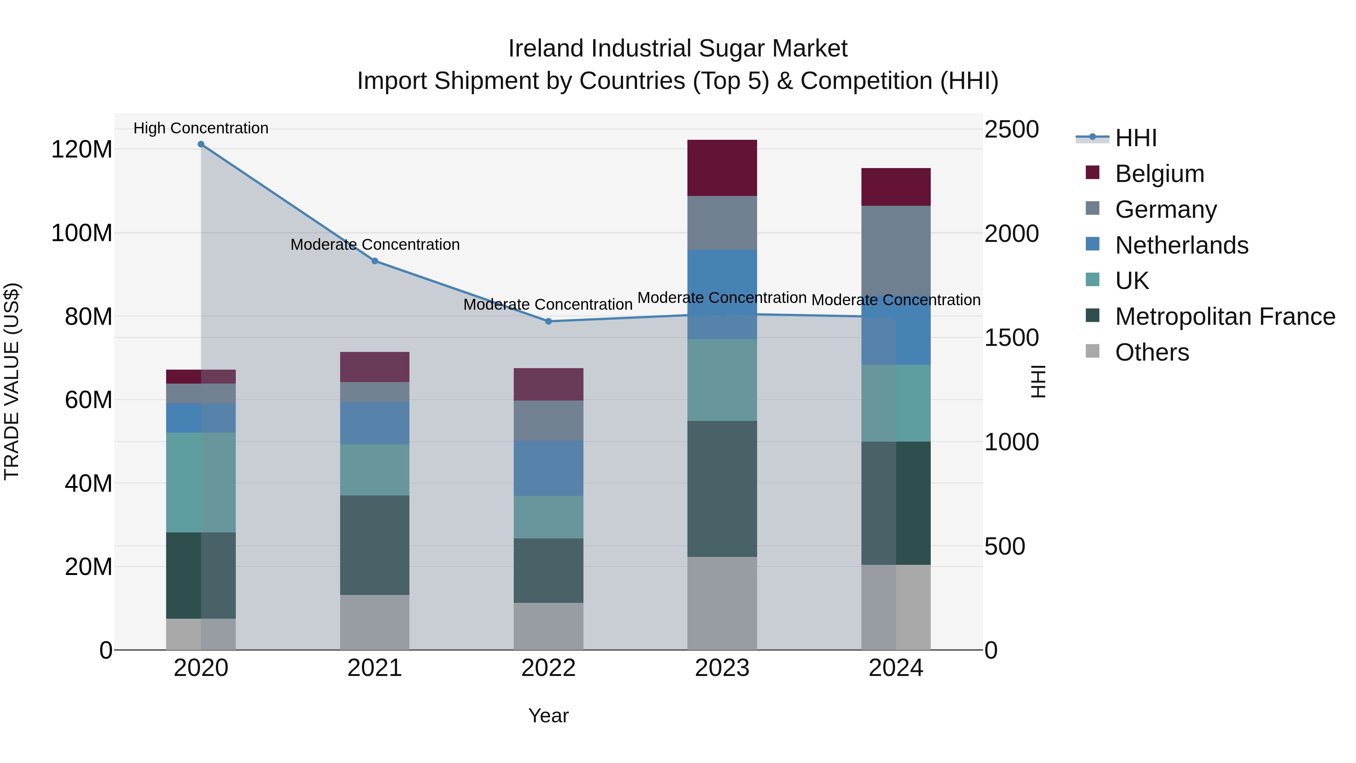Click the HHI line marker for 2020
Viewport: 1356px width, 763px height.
point(201,144)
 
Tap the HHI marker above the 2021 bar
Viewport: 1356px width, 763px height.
point(375,261)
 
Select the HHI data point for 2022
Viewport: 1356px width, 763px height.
point(548,321)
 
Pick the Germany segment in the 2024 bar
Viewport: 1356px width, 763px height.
point(896,248)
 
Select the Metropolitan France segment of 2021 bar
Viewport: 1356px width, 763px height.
point(375,545)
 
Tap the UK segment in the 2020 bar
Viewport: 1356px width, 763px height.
point(201,482)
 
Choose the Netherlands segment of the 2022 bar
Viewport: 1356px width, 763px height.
point(548,468)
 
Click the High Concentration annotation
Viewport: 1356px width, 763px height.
point(201,128)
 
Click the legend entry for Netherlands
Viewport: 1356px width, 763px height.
point(1181,245)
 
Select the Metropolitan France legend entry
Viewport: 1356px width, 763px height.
point(1225,317)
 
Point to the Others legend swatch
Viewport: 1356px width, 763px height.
point(1093,351)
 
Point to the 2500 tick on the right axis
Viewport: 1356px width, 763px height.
point(1012,130)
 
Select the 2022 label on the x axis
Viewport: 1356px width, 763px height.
point(548,668)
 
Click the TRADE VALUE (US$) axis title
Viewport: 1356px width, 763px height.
point(12,381)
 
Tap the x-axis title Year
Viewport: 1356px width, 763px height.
point(548,716)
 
